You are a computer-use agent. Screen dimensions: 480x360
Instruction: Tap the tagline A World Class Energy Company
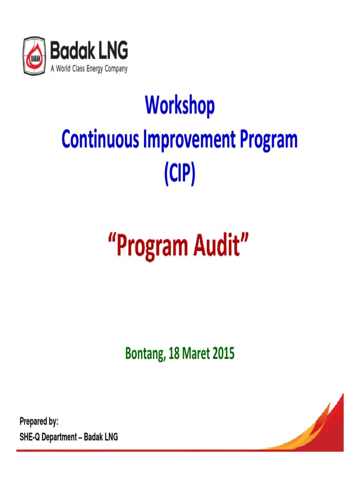click(89, 68)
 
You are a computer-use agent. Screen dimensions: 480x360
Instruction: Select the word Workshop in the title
click(180, 106)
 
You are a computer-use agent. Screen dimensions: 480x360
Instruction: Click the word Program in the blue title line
click(268, 140)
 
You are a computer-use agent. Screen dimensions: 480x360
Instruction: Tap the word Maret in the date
click(196, 354)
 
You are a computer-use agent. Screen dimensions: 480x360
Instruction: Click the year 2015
click(222, 354)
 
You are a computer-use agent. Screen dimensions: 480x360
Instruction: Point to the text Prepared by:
click(39, 422)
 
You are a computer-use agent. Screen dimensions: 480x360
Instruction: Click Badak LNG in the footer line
click(101, 437)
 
